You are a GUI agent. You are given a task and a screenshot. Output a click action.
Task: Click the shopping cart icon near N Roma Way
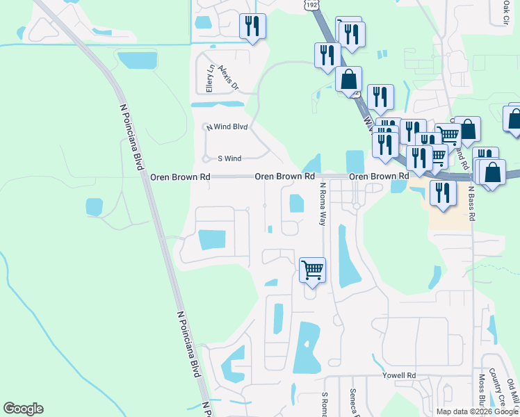coord(312,270)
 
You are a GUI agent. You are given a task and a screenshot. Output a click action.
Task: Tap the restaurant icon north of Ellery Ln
coord(252,26)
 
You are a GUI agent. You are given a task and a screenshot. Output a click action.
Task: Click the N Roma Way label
coord(323,204)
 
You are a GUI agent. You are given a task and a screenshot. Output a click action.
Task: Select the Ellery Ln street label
coord(209,79)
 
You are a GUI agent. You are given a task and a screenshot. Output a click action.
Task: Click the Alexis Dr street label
coord(228,78)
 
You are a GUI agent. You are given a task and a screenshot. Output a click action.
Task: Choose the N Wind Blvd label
coord(227,126)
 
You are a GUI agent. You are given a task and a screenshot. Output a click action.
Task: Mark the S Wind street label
coord(229,158)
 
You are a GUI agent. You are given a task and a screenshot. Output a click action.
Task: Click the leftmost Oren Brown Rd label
coord(180,177)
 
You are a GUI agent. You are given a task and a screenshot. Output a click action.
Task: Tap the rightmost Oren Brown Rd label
coord(377,177)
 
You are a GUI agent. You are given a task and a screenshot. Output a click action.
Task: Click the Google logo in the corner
coord(23,409)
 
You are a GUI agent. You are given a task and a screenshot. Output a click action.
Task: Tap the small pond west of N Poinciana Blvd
coord(94,207)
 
